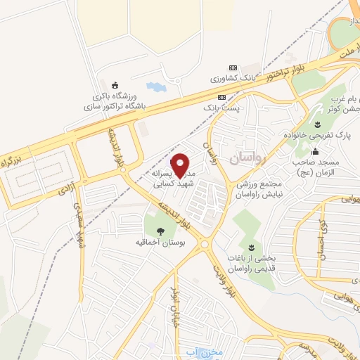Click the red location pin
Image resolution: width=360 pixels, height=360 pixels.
tap(181, 165)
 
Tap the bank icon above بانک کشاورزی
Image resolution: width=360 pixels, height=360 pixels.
tap(233, 67)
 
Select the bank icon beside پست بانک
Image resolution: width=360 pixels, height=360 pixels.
tap(222, 96)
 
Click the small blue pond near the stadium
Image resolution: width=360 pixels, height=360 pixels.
tap(154, 88)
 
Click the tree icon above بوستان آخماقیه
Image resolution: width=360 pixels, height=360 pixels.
tap(162, 229)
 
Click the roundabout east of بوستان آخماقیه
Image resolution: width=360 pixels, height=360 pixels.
tap(205, 245)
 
